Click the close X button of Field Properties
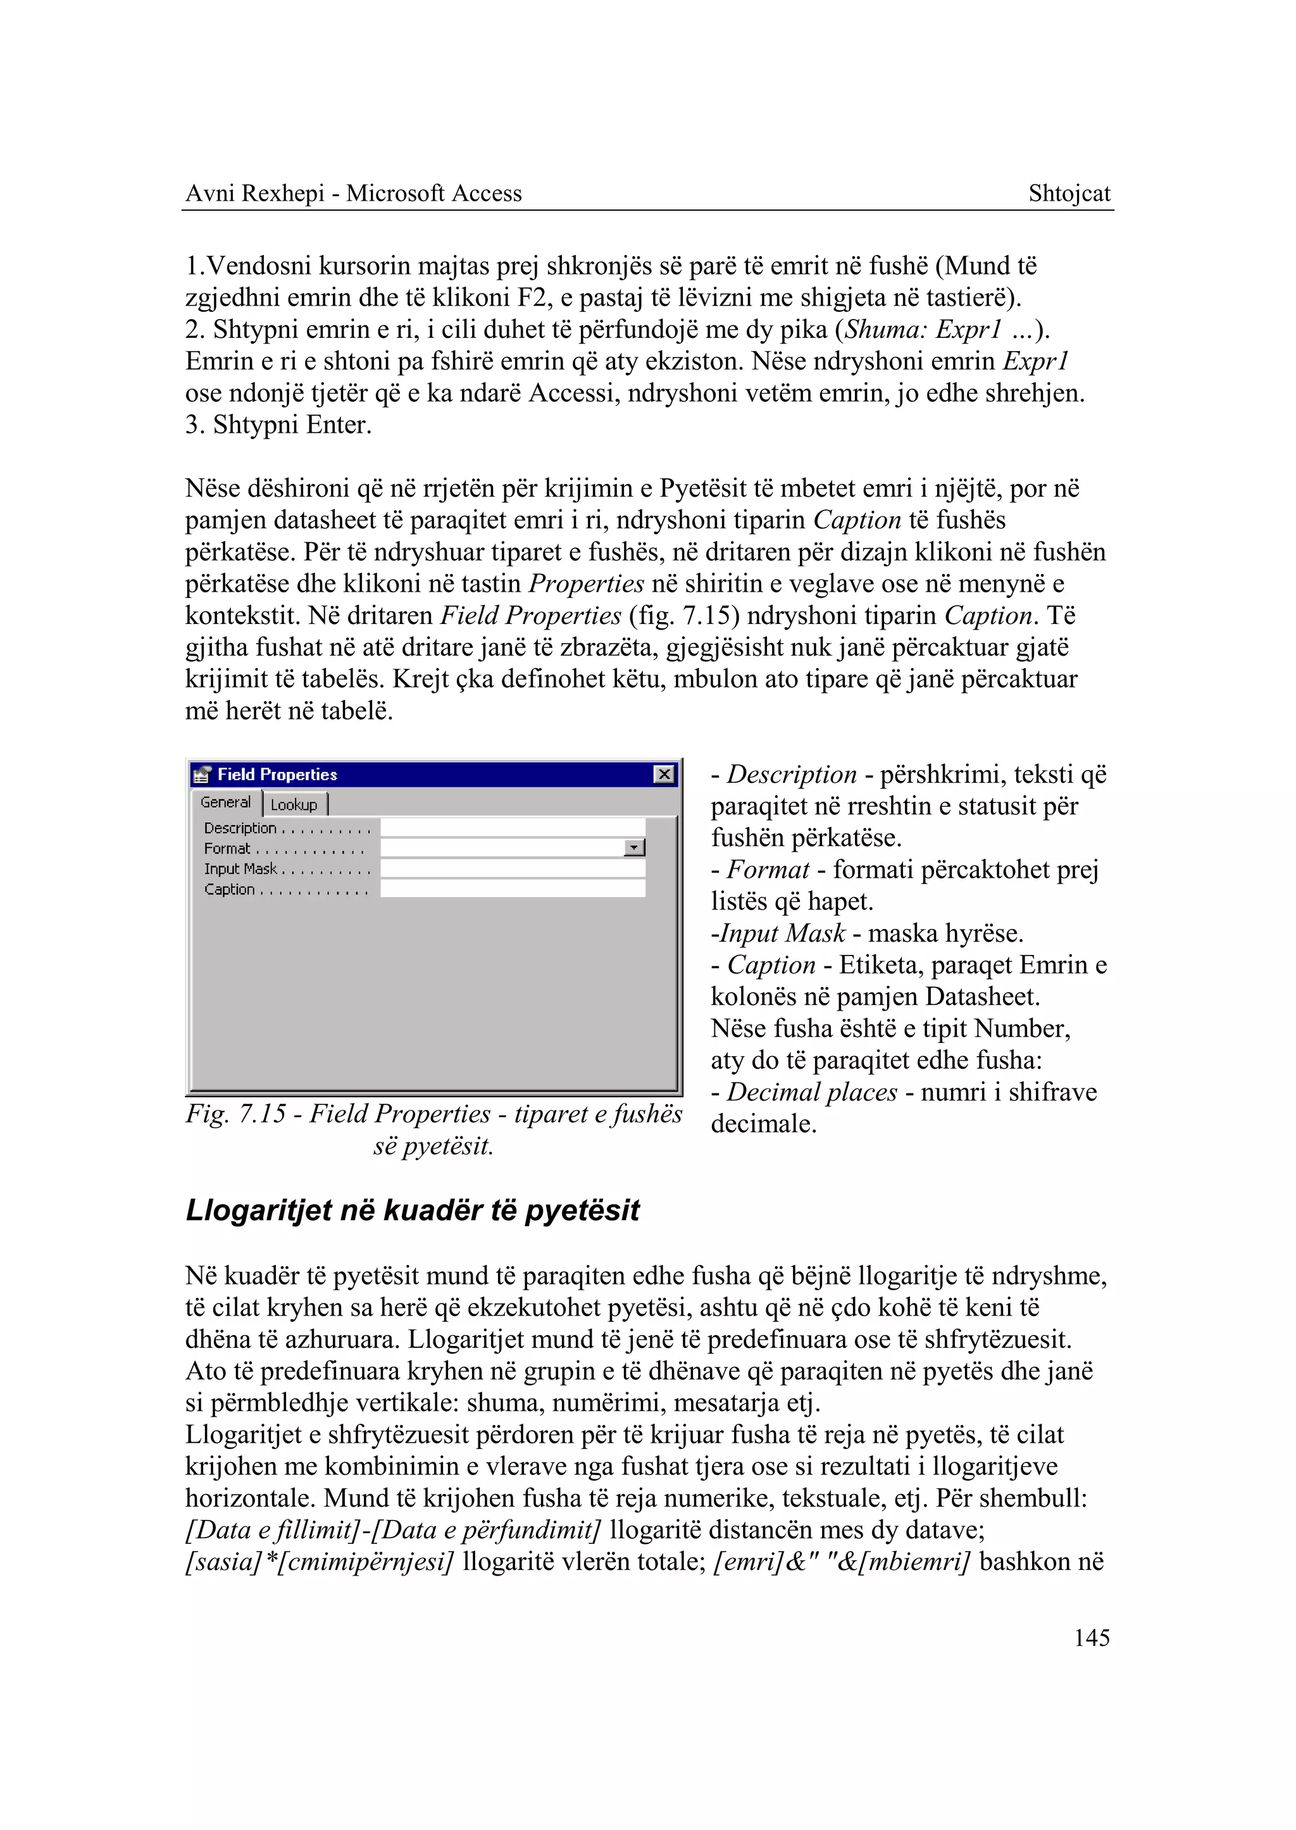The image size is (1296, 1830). pos(664,774)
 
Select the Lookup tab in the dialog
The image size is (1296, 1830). pos(294,804)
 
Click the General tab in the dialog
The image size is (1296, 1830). pos(225,802)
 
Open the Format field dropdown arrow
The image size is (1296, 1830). pos(635,847)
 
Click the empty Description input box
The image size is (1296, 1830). pos(513,828)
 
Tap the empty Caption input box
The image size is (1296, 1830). pos(513,889)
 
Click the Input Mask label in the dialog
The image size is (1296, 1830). pos(240,869)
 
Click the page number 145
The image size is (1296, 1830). pos(1091,1638)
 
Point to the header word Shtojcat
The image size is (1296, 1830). pos(1069,193)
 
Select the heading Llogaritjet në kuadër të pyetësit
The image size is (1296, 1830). pos(412,1211)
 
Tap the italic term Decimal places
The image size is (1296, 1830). pos(812,1092)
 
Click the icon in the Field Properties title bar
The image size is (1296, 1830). pos(202,774)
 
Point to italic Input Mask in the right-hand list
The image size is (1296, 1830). pos(782,933)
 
